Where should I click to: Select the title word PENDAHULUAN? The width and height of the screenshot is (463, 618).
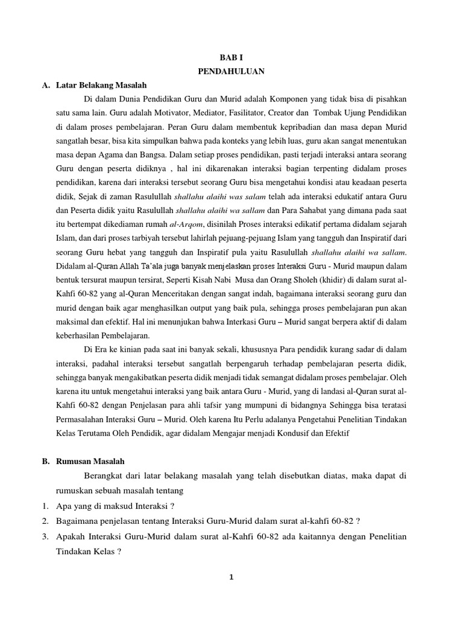pyautogui.click(x=231, y=71)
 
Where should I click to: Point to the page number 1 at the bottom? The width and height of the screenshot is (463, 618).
pyautogui.click(x=231, y=577)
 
